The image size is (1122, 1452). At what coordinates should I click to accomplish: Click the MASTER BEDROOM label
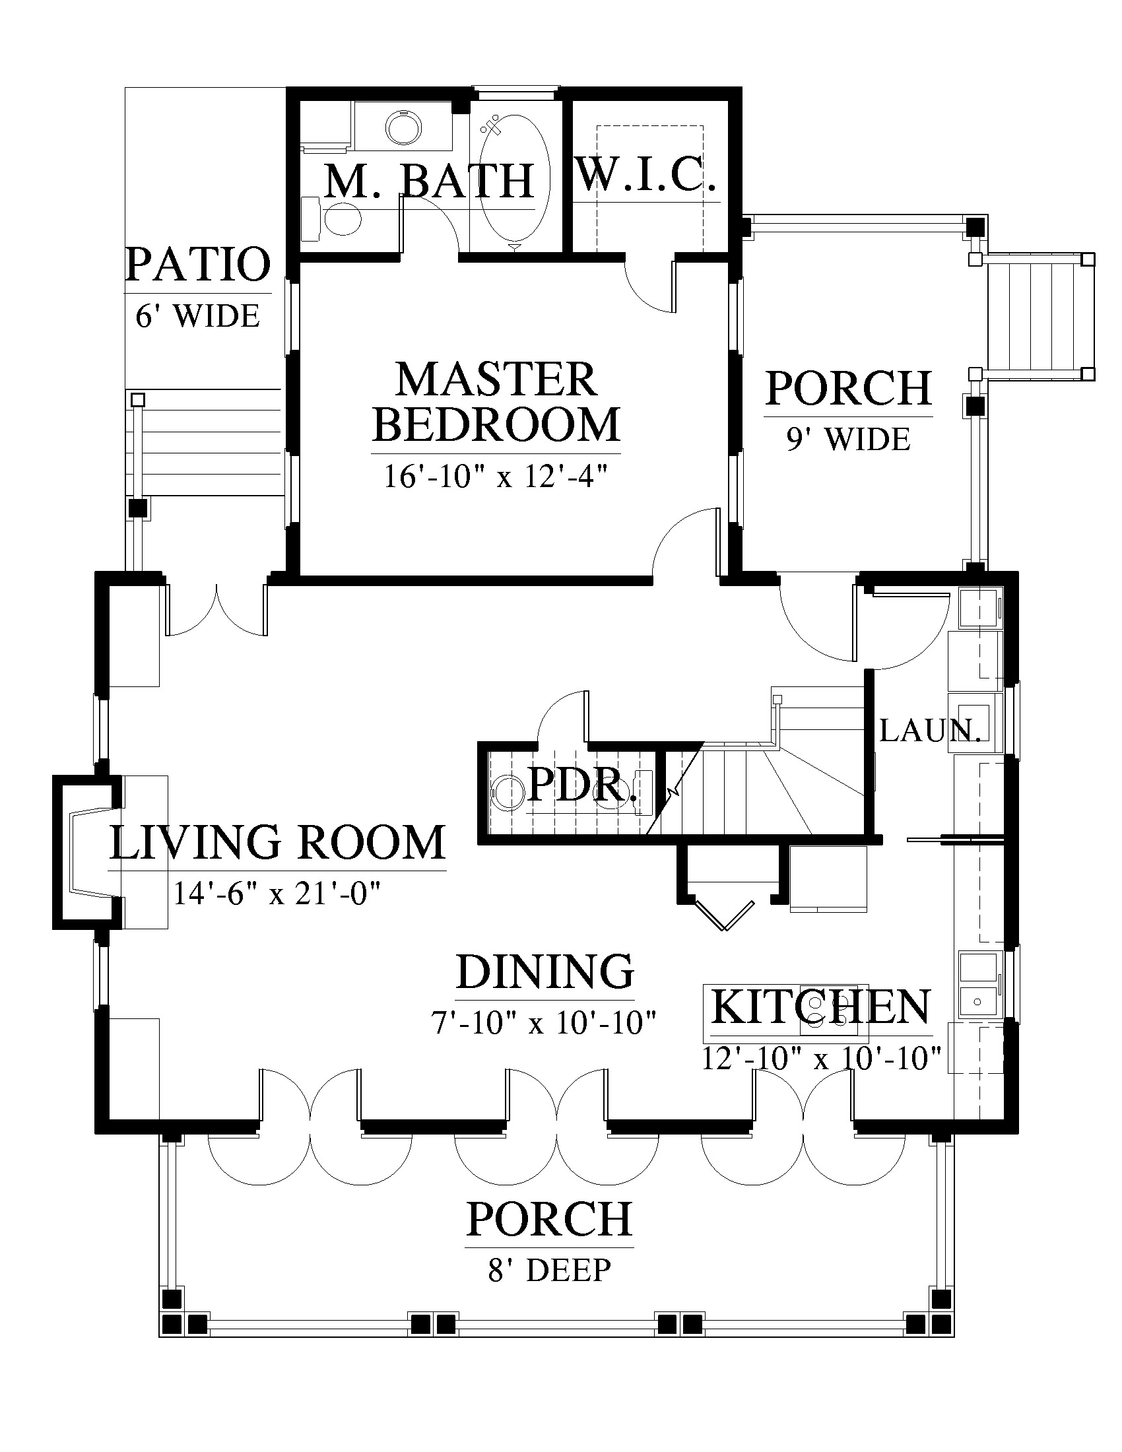[x=496, y=402]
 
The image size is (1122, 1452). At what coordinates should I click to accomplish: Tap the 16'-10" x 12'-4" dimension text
[x=496, y=476]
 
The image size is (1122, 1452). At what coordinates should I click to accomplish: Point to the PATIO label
[x=198, y=264]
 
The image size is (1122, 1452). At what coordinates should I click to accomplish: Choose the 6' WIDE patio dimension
[x=197, y=315]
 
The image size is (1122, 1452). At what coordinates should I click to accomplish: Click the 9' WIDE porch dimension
[x=848, y=440]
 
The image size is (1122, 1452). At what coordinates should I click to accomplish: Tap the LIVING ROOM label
[x=277, y=842]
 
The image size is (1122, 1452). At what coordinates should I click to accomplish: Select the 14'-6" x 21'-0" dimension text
[x=277, y=894]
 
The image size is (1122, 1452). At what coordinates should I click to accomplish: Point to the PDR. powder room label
[x=581, y=787]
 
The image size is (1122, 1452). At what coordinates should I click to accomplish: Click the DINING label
[x=545, y=972]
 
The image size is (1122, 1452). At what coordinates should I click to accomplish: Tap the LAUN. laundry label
[x=931, y=731]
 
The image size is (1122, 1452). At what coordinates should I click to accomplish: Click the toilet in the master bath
[x=333, y=218]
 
